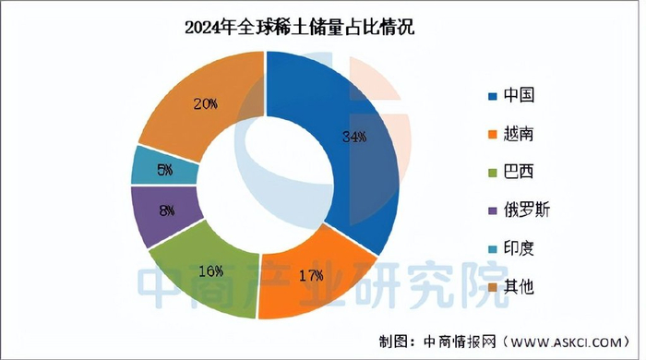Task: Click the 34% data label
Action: click(x=354, y=138)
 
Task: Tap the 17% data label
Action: click(x=311, y=275)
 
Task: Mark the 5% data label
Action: click(x=163, y=169)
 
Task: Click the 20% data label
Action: click(x=205, y=103)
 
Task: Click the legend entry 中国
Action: click(x=519, y=95)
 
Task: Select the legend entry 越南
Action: click(x=519, y=134)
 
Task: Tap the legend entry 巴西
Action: click(x=519, y=172)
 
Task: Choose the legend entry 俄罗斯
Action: click(x=526, y=210)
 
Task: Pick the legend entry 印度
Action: click(x=519, y=248)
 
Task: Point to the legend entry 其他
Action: click(x=519, y=287)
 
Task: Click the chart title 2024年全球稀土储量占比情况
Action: click(x=294, y=30)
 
